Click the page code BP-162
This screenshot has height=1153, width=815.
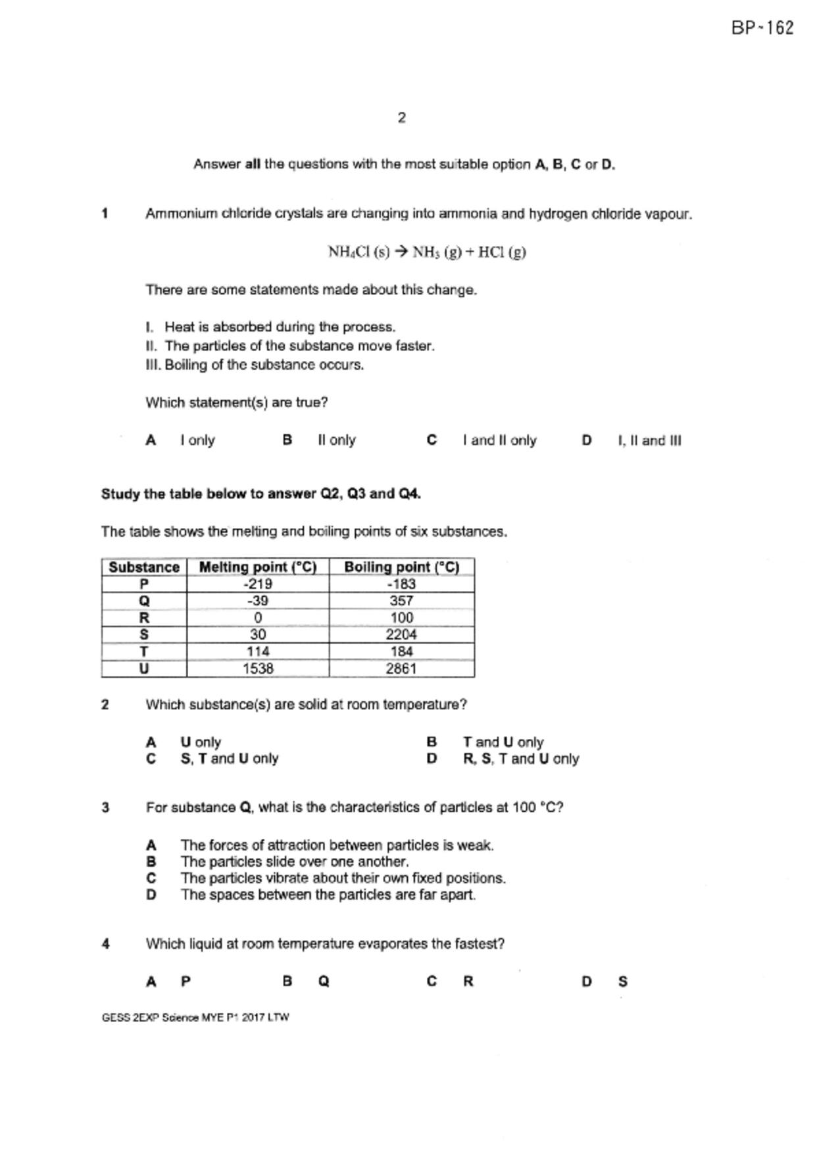(762, 28)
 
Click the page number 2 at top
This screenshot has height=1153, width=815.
(402, 118)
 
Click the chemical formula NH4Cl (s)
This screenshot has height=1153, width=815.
(358, 252)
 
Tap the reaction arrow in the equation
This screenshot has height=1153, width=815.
(401, 252)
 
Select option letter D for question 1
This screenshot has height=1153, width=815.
(587, 440)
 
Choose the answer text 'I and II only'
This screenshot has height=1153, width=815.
(499, 440)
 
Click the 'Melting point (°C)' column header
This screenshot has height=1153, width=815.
(258, 567)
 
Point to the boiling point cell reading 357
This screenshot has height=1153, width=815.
(401, 601)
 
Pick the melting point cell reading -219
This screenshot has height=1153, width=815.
(258, 584)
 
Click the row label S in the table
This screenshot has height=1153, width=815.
(144, 634)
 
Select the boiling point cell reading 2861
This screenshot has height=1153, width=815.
(401, 669)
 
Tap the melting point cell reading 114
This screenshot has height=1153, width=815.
(258, 651)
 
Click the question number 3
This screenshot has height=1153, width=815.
(105, 808)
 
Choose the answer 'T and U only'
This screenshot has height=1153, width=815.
(503, 742)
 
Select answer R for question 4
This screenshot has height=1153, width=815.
(468, 981)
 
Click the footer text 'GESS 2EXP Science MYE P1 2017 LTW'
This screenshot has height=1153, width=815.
(195, 1018)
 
